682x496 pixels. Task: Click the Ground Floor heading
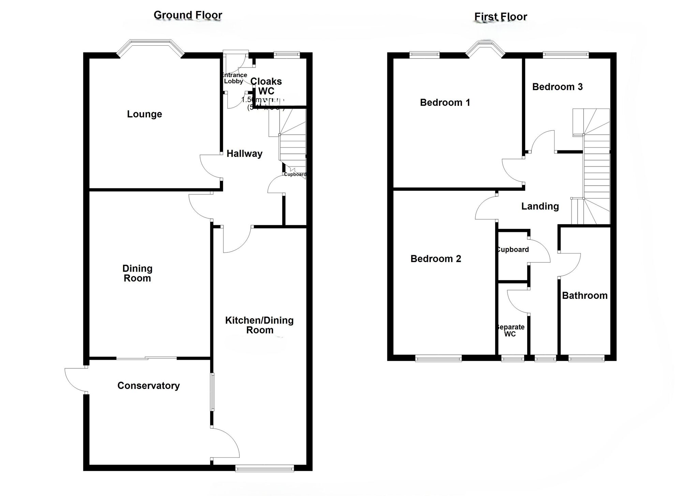coord(188,15)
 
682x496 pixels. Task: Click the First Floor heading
coord(501,16)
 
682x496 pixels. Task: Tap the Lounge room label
coord(144,114)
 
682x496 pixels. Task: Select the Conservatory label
coord(148,385)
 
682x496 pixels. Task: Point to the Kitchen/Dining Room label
coord(260,325)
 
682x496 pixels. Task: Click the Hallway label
coord(244,154)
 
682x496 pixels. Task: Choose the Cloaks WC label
coord(266,86)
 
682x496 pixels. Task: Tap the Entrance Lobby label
coord(234,78)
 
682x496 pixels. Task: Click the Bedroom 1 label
coord(445,102)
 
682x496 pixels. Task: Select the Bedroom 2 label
coord(436,259)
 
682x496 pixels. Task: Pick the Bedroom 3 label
coord(558,87)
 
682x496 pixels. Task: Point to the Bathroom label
coord(585,295)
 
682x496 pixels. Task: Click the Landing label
coord(540,206)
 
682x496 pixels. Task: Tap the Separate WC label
coord(510,331)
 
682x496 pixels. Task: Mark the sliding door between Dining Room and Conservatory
coord(147,358)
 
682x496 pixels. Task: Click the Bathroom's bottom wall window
coord(586,358)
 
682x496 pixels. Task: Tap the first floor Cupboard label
coord(513,249)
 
